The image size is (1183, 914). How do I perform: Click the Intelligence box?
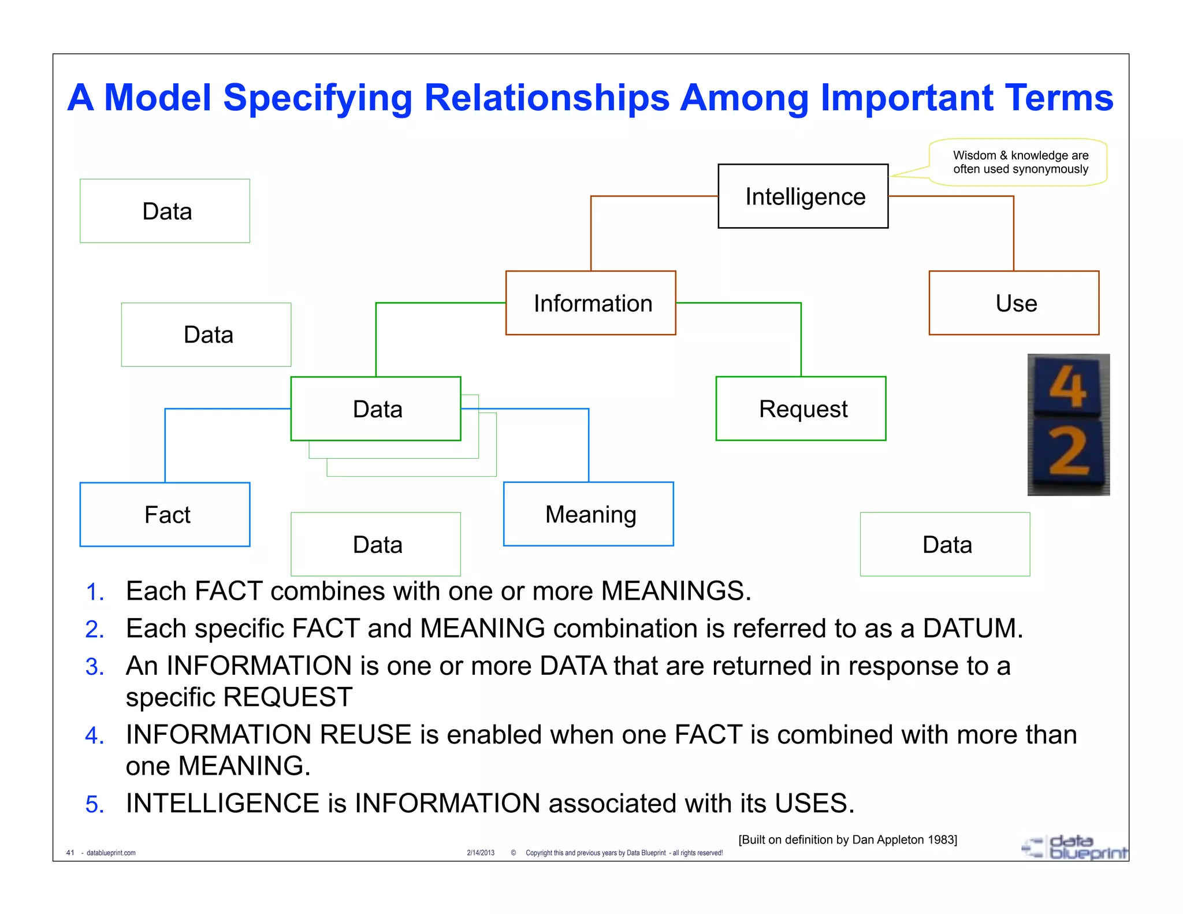[803, 196]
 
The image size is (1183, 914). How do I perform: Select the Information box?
[591, 303]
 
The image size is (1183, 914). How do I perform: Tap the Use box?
[1014, 303]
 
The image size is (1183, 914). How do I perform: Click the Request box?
[801, 409]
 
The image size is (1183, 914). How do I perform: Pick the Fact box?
[165, 515]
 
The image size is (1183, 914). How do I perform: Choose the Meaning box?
[589, 514]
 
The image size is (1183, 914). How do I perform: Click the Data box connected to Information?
[376, 409]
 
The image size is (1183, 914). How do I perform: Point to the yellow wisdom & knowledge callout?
[1020, 162]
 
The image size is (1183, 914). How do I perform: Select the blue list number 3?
[94, 667]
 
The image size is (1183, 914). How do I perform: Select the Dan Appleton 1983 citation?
[847, 839]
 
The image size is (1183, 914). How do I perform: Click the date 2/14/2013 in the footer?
[481, 853]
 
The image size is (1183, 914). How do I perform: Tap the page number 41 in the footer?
[70, 853]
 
